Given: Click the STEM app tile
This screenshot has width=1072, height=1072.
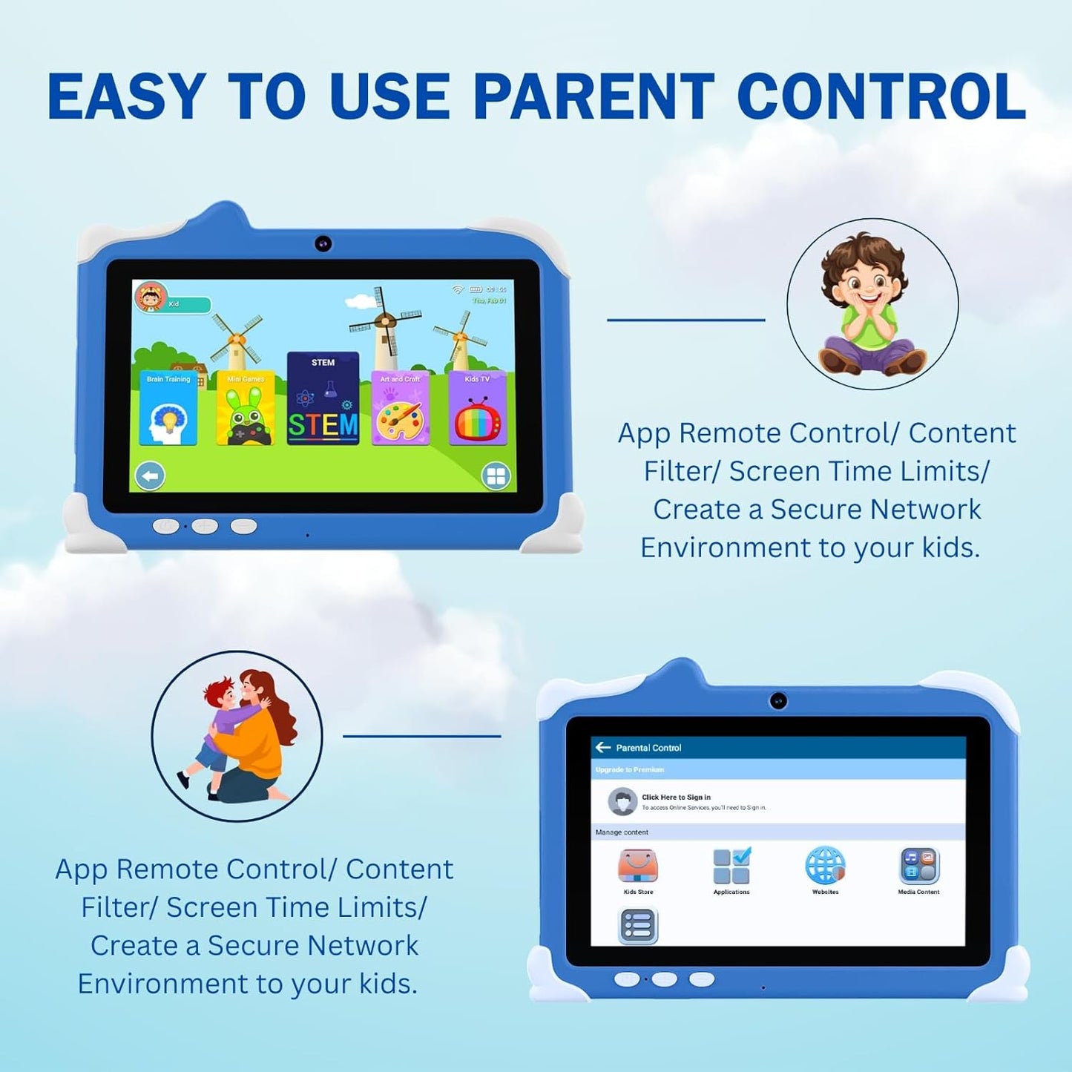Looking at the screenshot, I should (323, 399).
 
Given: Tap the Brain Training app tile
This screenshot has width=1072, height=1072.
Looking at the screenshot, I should (168, 408).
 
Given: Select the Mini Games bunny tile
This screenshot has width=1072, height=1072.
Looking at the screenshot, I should (246, 408).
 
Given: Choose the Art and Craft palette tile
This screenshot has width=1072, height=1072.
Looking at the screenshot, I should (400, 408).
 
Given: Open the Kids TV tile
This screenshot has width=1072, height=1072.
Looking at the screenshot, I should (477, 408).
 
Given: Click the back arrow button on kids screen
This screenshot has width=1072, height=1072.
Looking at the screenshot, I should (150, 476).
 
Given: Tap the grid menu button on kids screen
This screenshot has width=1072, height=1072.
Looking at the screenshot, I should (496, 476).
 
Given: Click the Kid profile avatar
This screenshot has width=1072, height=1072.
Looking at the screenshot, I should (150, 297).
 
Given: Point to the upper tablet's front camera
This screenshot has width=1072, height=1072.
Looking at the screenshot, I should (323, 243).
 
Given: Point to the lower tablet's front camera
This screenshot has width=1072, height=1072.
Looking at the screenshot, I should (777, 700).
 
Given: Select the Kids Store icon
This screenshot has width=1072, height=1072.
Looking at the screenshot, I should (638, 865).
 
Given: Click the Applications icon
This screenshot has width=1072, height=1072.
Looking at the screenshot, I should (731, 865).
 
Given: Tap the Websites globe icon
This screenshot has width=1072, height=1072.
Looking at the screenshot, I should (825, 865).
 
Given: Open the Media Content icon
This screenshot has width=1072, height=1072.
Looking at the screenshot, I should (919, 865).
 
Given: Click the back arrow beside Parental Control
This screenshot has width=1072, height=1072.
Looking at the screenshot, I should (603, 747).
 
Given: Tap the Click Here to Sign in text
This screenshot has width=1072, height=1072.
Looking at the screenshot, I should (676, 798).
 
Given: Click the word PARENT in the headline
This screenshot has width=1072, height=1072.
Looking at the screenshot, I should (593, 97).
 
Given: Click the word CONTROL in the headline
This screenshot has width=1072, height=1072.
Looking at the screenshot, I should (881, 97).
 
